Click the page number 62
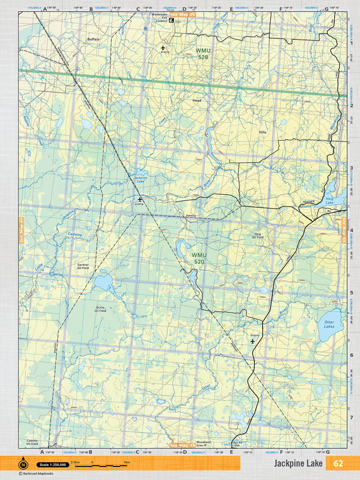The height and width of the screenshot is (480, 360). pos(337,463)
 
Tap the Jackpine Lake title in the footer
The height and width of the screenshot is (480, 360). pos(298,463)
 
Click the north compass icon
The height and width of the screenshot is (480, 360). pos(23,464)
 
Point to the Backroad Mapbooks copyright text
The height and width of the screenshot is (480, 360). pos(36,474)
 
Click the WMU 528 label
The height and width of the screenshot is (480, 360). pos(202,53)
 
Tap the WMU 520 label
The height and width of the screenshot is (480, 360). pos(199,258)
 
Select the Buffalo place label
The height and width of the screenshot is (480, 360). pos(93,39)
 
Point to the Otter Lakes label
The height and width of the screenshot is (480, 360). pos(329,325)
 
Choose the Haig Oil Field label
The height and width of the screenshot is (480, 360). pos(258,235)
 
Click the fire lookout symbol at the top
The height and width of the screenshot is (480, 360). pos(172,21)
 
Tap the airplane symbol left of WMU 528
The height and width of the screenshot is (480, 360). pos(164,48)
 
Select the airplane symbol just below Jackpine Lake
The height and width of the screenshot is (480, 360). pos(140,199)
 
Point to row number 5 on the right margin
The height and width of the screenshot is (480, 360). pos(351,293)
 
